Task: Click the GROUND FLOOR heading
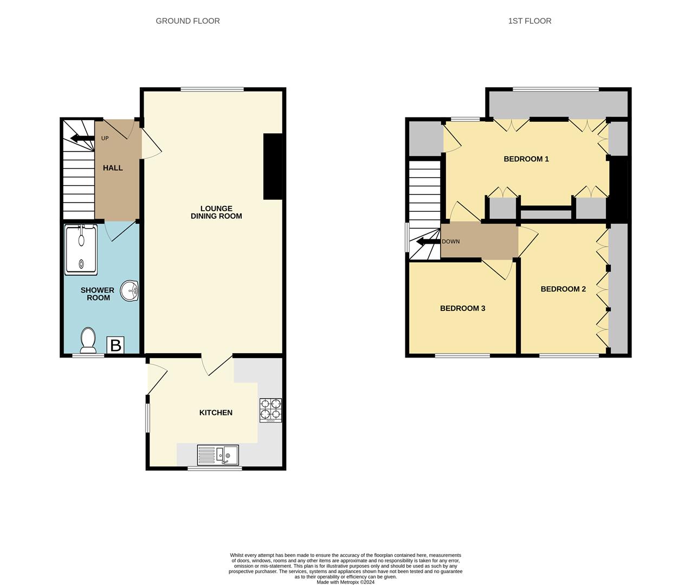click(188, 21)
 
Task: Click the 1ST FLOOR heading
click(529, 21)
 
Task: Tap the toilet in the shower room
click(88, 340)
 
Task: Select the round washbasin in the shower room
click(130, 290)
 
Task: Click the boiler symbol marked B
click(115, 345)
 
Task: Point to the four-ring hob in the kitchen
click(270, 409)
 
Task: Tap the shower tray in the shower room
click(81, 250)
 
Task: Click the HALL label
click(113, 168)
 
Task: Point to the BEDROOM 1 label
click(526, 159)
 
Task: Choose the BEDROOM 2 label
click(563, 289)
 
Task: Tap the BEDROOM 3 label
click(462, 309)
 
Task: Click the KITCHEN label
click(216, 413)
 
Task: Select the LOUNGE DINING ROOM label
click(216, 212)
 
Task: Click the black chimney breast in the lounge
click(273, 166)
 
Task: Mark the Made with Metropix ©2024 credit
click(345, 582)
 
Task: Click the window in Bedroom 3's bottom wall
click(462, 356)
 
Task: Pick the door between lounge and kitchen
click(219, 366)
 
